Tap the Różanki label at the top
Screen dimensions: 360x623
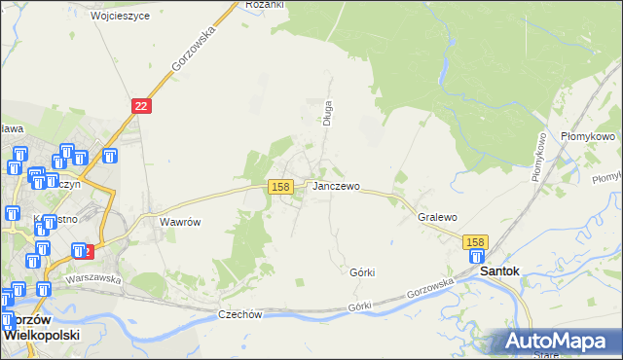(x=264, y=5)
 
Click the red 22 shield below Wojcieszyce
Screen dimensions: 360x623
(x=142, y=106)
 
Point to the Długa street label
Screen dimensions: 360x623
(x=328, y=114)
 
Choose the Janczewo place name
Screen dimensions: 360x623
(x=336, y=186)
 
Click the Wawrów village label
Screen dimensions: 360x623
(x=180, y=222)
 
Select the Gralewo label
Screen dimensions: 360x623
(x=437, y=217)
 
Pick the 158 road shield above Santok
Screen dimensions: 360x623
(x=475, y=241)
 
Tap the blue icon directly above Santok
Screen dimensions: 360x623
(x=477, y=257)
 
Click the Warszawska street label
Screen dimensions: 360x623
(x=92, y=278)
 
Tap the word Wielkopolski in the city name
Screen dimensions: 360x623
(x=42, y=333)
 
